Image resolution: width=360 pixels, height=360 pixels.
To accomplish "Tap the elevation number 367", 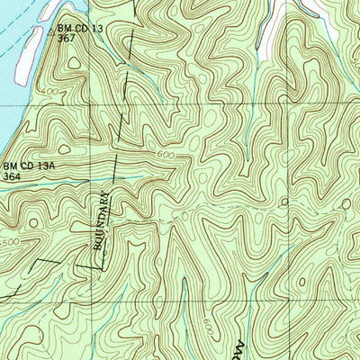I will (x=65, y=38).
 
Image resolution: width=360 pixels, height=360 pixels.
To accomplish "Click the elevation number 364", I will (x=13, y=176).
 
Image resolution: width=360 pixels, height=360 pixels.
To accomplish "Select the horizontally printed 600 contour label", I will (x=165, y=155).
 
